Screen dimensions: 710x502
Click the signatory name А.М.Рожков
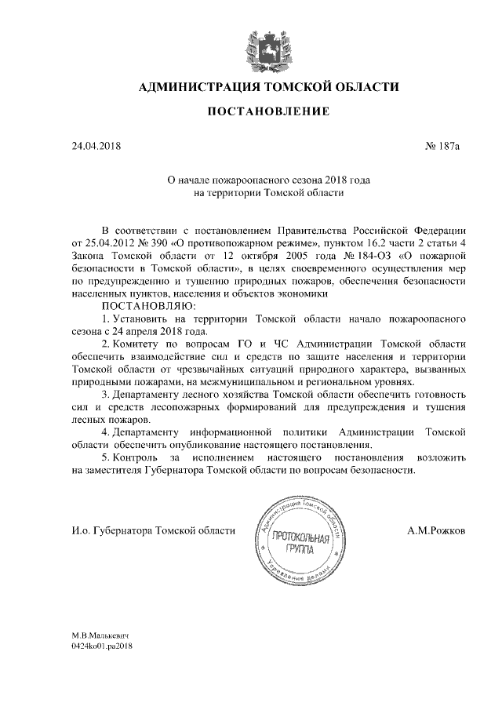coord(436,531)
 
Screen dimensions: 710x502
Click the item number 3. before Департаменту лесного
coord(106,393)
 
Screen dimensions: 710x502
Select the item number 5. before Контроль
coord(106,457)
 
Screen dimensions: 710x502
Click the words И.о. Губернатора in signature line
coord(107,531)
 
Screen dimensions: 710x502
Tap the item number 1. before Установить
coord(106,319)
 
